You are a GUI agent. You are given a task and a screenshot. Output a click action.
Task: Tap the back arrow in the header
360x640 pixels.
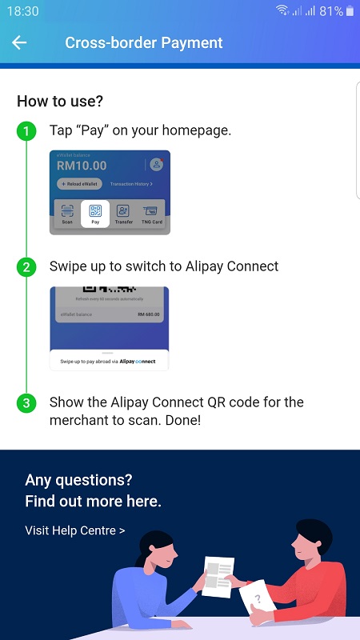pos(19,43)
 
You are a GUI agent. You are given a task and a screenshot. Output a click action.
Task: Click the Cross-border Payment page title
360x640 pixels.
pos(143,43)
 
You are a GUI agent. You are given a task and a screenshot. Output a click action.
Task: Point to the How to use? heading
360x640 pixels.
pos(60,102)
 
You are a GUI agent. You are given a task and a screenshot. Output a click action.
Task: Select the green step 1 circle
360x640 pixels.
pos(26,130)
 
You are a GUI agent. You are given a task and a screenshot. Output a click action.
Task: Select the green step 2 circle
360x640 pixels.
pos(26,266)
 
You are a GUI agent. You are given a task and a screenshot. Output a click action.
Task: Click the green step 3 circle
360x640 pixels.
pos(26,402)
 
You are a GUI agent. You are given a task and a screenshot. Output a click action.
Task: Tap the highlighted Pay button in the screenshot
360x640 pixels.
pos(95,214)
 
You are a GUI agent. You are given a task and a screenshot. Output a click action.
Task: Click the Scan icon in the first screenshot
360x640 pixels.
pos(67,214)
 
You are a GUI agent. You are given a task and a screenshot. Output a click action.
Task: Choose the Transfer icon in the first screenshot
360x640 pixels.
pos(123,214)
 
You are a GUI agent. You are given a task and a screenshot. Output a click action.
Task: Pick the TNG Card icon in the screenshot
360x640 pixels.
pos(151,214)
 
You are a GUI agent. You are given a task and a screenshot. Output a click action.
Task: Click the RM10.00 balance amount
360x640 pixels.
pos(82,166)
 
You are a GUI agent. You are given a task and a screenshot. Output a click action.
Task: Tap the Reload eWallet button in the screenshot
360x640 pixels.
pos(79,184)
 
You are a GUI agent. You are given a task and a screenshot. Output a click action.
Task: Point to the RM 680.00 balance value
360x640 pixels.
pos(148,314)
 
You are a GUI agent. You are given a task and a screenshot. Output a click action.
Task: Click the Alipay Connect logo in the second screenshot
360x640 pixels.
pos(138,362)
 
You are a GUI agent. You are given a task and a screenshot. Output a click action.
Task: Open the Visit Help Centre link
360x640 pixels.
pos(74,530)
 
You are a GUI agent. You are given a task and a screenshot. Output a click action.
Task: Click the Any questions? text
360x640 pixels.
pos(78,480)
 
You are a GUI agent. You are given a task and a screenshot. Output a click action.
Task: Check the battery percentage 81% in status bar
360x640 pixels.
pos(331,11)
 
